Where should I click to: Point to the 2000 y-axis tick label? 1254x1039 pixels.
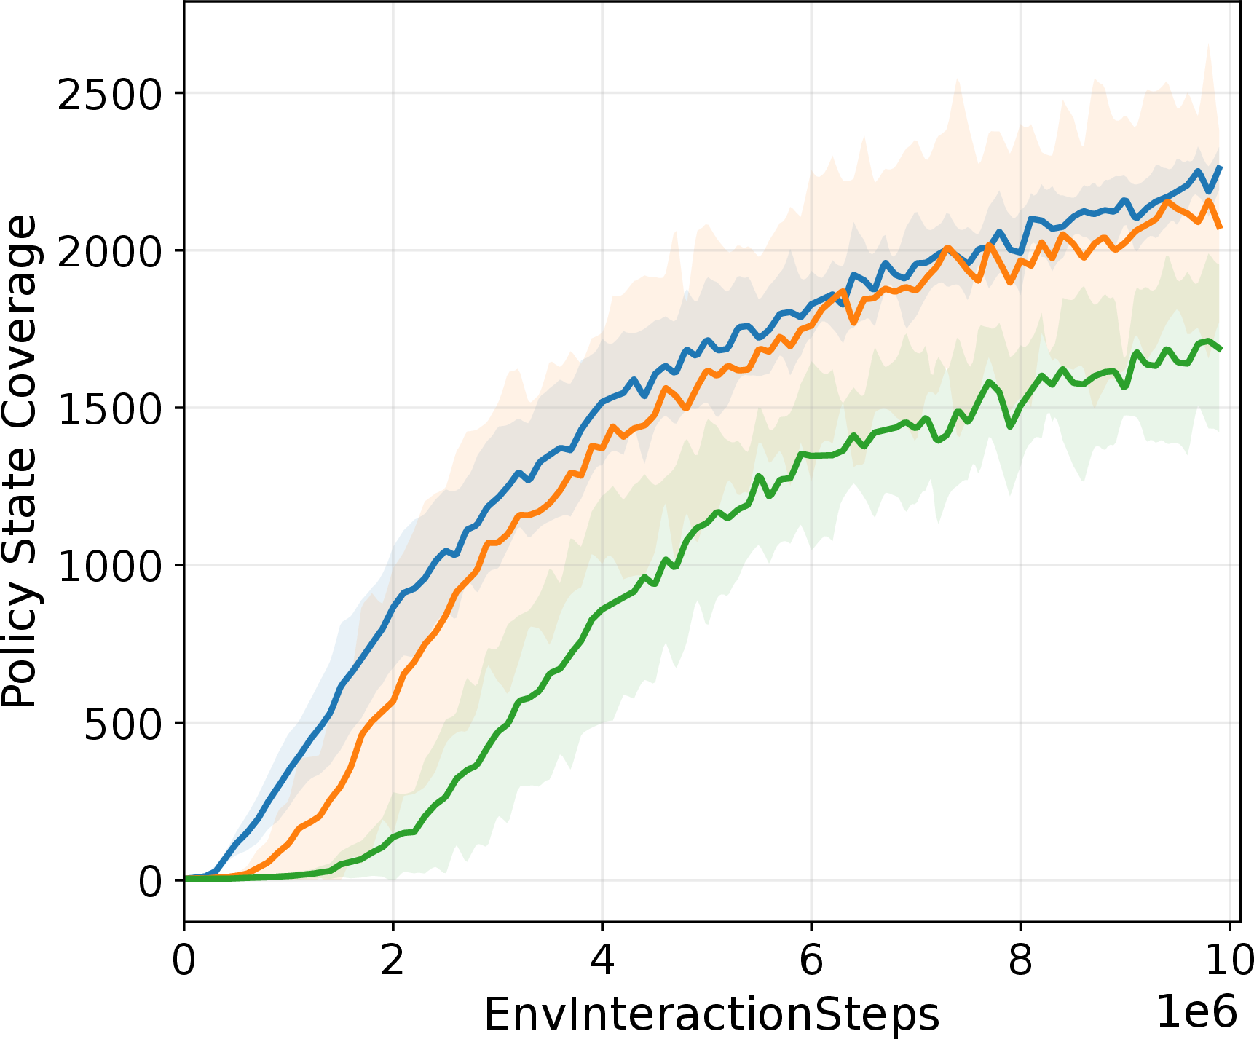click(109, 252)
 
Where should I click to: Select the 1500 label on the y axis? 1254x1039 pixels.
click(109, 409)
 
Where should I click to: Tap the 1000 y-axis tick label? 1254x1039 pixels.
click(109, 566)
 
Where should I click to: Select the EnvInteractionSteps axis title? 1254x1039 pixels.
click(711, 1014)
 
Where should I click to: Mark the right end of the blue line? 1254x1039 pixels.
click(1221, 167)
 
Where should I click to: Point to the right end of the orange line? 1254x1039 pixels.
click(1221, 228)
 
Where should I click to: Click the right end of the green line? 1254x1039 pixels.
click(1221, 349)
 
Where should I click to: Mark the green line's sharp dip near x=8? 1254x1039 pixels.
click(1010, 425)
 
